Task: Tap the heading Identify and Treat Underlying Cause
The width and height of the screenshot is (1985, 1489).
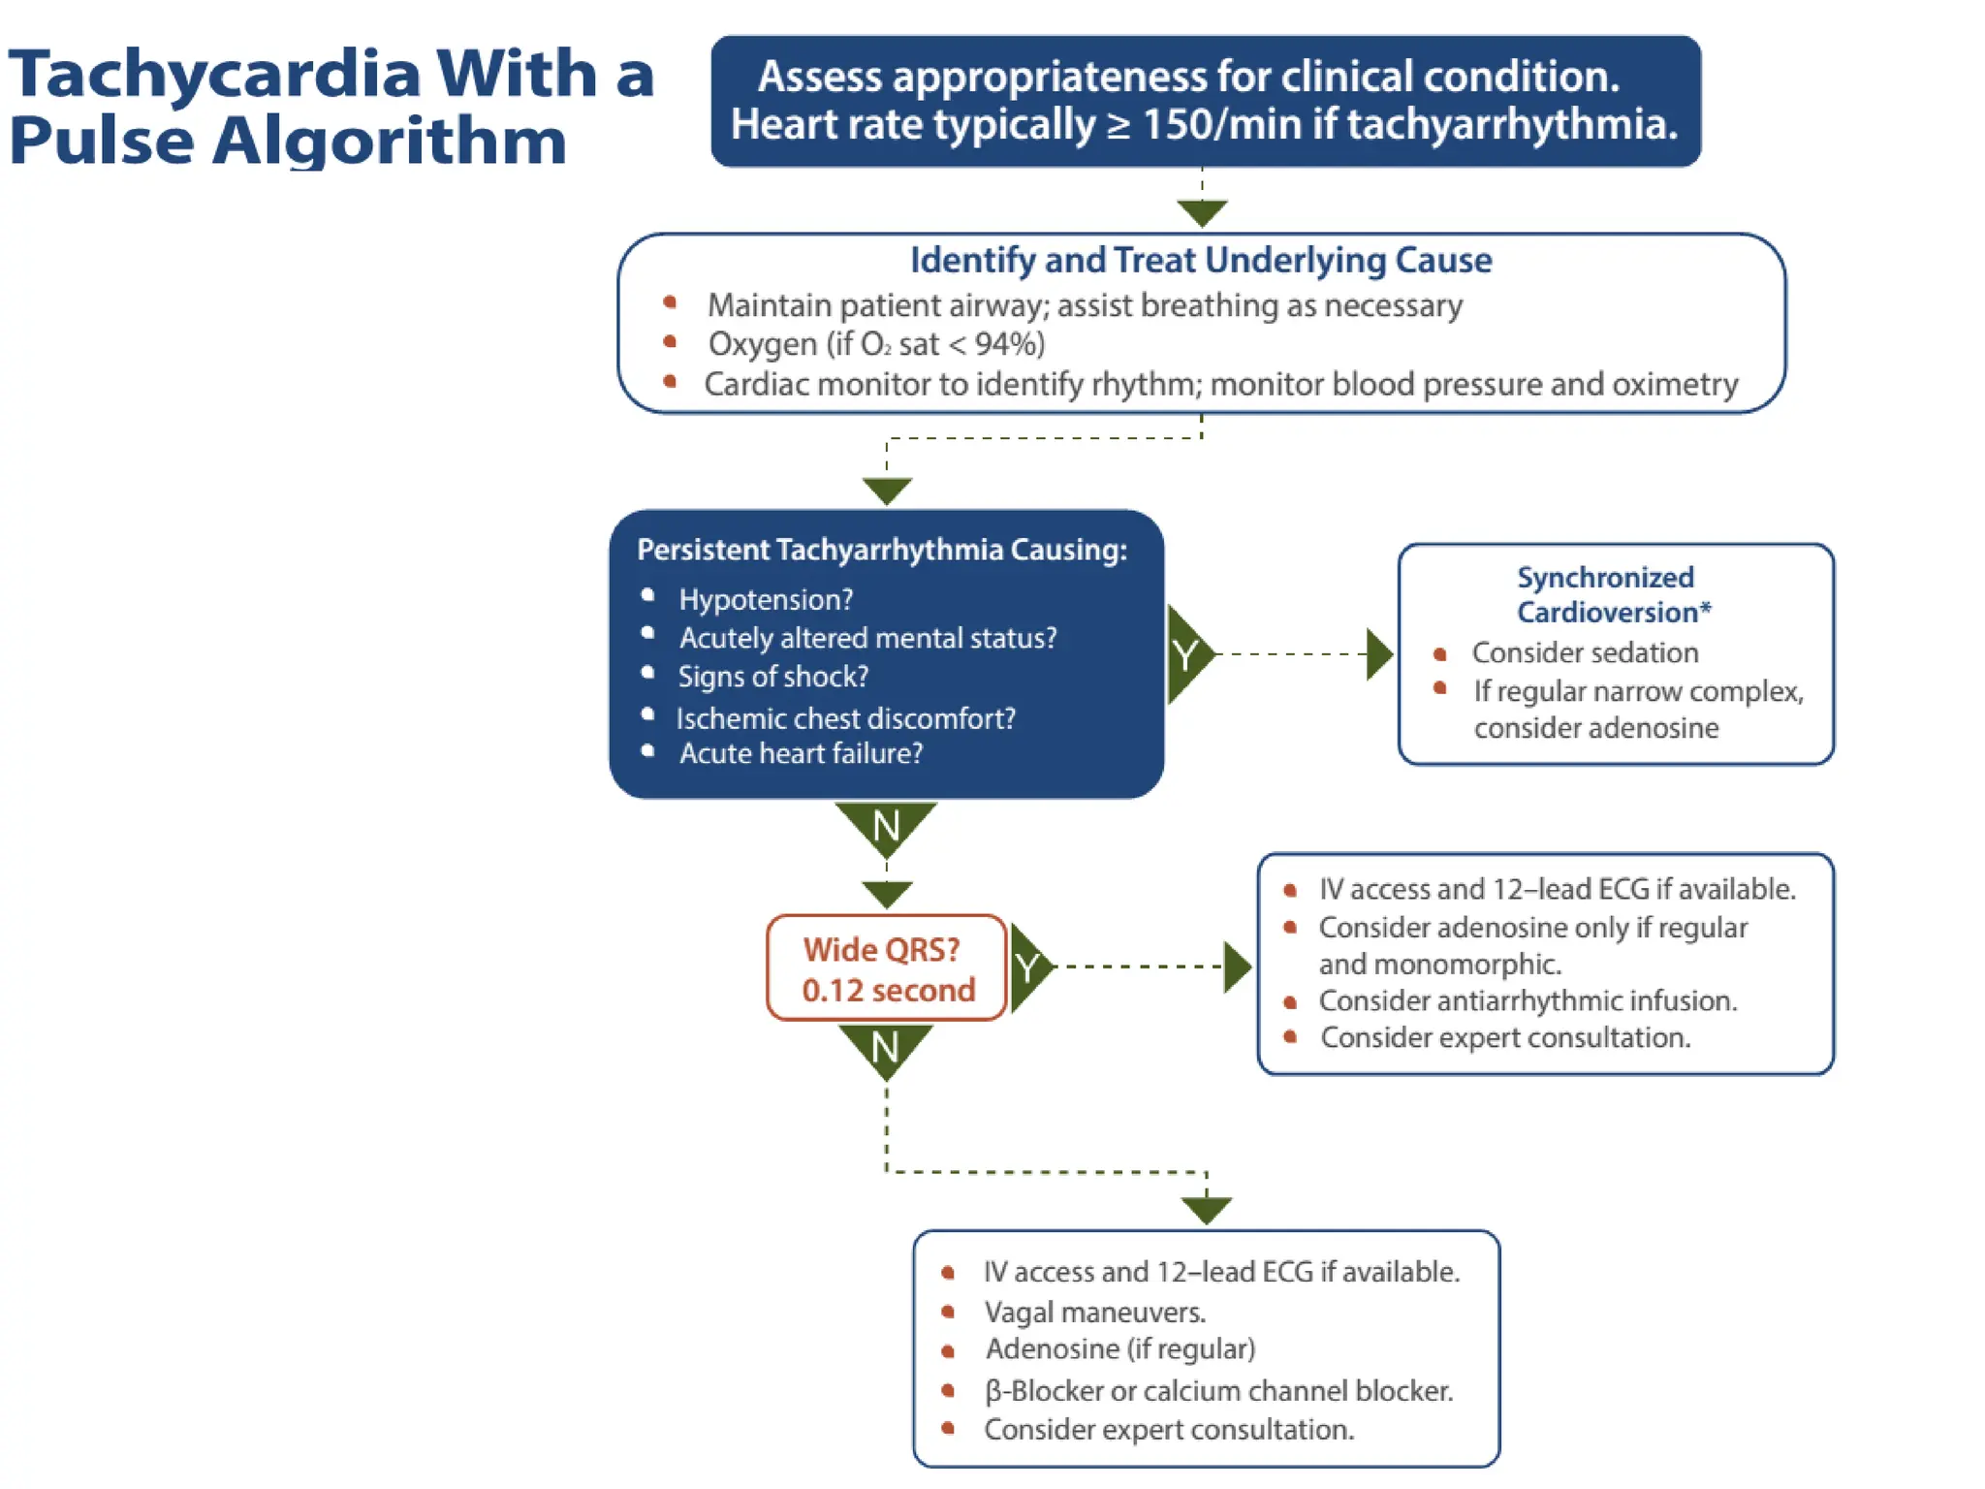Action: (1200, 260)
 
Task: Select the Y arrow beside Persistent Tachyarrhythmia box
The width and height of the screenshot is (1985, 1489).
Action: (1187, 654)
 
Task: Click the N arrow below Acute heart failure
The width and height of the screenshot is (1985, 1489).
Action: (886, 826)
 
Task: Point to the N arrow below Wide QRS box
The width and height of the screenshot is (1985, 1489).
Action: (885, 1048)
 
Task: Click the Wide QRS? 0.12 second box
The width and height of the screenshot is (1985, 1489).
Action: (886, 968)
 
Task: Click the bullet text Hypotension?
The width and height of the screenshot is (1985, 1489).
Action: (766, 599)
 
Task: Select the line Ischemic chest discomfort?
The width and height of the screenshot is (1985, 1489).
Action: (845, 718)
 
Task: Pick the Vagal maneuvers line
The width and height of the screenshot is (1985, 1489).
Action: (1094, 1312)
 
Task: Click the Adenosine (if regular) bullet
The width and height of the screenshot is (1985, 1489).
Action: (1119, 1349)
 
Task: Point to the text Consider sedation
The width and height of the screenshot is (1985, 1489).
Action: (1585, 652)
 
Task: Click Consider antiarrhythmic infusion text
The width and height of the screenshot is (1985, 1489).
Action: (1527, 1000)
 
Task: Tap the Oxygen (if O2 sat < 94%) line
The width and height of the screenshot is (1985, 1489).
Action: (876, 344)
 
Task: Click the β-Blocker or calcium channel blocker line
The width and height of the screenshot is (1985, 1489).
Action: (1218, 1391)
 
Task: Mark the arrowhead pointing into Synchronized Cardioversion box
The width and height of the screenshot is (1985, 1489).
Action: (1379, 654)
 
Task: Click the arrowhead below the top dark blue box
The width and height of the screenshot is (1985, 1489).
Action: (1202, 212)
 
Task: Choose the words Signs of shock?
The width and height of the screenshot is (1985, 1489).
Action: (772, 677)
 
